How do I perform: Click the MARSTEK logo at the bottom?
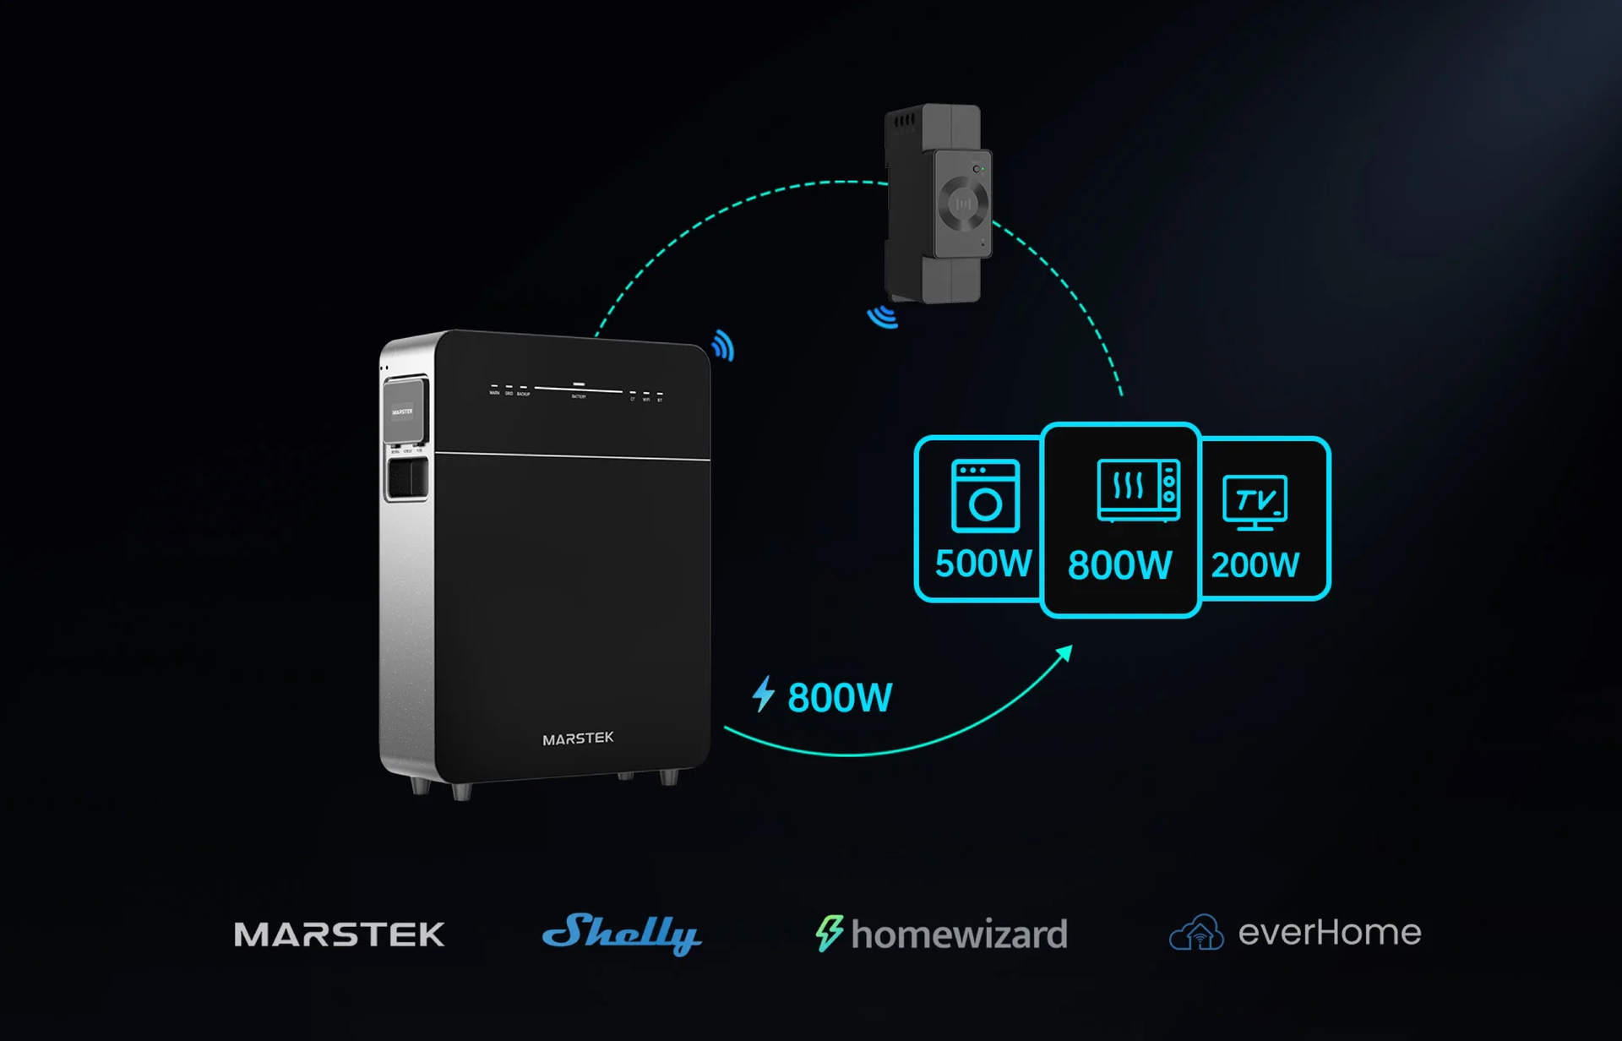pyautogui.click(x=339, y=934)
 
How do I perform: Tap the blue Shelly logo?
pyautogui.click(x=622, y=933)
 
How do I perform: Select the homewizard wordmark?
pyautogui.click(x=959, y=935)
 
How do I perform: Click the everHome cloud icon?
pyautogui.click(x=1196, y=933)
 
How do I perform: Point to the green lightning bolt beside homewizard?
pyautogui.click(x=829, y=933)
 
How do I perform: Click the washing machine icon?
pyautogui.click(x=985, y=496)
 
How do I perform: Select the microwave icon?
pyautogui.click(x=1138, y=490)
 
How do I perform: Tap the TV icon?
pyautogui.click(x=1255, y=502)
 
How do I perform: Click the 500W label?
pyautogui.click(x=983, y=564)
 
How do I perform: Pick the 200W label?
pyautogui.click(x=1255, y=565)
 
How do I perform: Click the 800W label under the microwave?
pyautogui.click(x=1120, y=565)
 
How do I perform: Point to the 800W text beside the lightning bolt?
pyautogui.click(x=840, y=698)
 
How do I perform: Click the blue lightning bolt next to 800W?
pyautogui.click(x=764, y=694)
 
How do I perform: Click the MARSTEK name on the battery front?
pyautogui.click(x=578, y=739)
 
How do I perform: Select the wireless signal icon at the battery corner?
pyautogui.click(x=723, y=346)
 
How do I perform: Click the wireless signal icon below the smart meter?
pyautogui.click(x=884, y=317)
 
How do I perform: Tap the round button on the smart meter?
pyautogui.click(x=963, y=204)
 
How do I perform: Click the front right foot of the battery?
pyautogui.click(x=668, y=777)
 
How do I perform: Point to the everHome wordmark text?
pyautogui.click(x=1330, y=933)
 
